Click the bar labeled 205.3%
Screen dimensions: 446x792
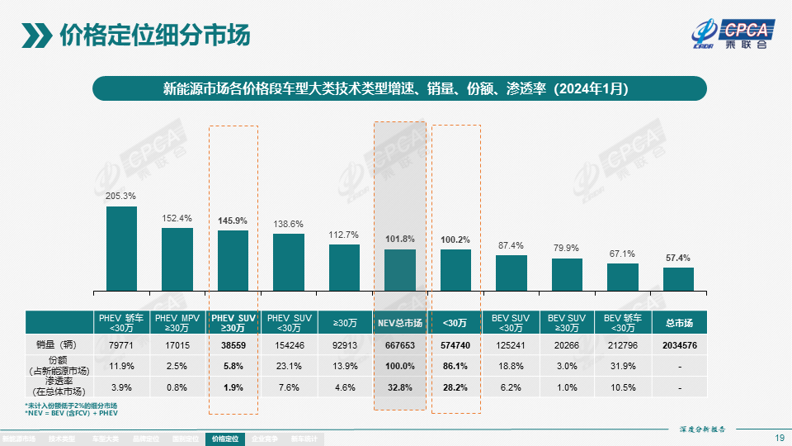(121, 248)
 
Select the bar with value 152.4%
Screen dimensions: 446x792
(177, 259)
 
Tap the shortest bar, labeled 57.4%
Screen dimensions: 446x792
(678, 278)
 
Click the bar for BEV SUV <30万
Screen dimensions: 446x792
(511, 272)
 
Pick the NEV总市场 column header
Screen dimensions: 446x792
(400, 322)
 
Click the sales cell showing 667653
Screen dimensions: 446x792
(400, 345)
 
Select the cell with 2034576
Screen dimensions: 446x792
(678, 345)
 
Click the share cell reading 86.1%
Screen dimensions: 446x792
(455, 366)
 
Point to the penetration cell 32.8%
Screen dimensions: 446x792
(400, 387)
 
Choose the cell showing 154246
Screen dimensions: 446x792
(289, 345)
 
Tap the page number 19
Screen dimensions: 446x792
(779, 438)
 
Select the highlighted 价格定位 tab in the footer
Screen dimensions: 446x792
(224, 439)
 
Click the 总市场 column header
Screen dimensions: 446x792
(678, 322)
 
